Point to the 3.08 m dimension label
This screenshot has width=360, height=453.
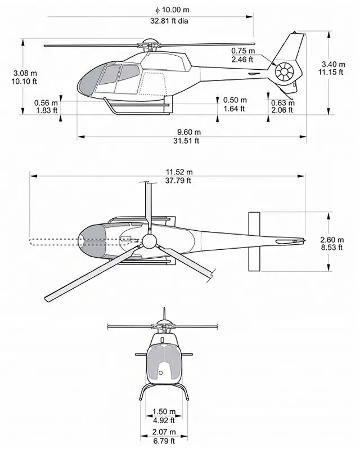[x=26, y=73]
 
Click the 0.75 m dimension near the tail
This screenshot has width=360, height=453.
[x=243, y=51]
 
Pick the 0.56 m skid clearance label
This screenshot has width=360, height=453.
[x=46, y=103]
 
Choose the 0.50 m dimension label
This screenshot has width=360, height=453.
[x=234, y=101]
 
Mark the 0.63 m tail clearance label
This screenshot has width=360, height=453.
[x=282, y=103]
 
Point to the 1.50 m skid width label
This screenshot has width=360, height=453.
[x=164, y=412]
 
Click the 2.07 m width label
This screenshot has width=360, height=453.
[x=164, y=432]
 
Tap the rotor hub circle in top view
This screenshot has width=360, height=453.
[x=149, y=241]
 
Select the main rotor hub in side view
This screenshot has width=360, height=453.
[x=150, y=44]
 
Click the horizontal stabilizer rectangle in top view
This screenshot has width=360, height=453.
[x=254, y=241]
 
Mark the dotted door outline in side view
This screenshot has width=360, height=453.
[x=154, y=83]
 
